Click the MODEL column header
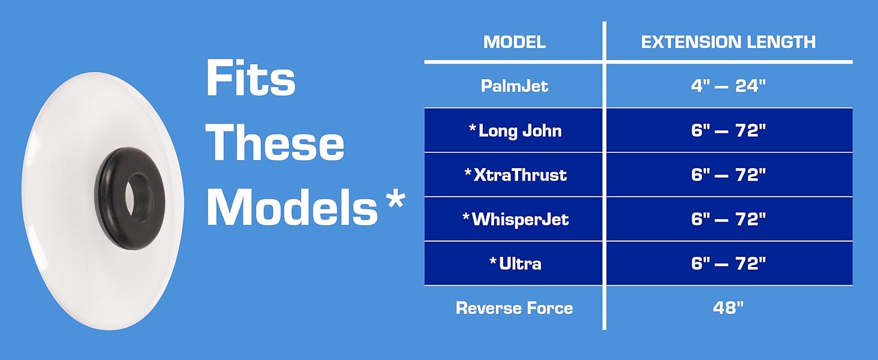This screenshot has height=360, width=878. click(514, 42)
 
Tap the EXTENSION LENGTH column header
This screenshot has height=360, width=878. click(728, 42)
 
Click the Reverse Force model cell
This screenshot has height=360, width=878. click(514, 308)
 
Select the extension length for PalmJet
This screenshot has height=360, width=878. click(728, 86)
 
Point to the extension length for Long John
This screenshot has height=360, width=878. click(728, 130)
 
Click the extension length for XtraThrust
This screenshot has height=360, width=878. click(728, 175)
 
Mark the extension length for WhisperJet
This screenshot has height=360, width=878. click(728, 219)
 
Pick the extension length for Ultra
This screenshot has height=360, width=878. click(728, 263)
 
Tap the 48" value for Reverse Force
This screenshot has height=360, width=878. click(728, 308)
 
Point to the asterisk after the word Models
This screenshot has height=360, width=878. click(395, 199)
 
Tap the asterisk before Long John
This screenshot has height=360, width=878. click(473, 127)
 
